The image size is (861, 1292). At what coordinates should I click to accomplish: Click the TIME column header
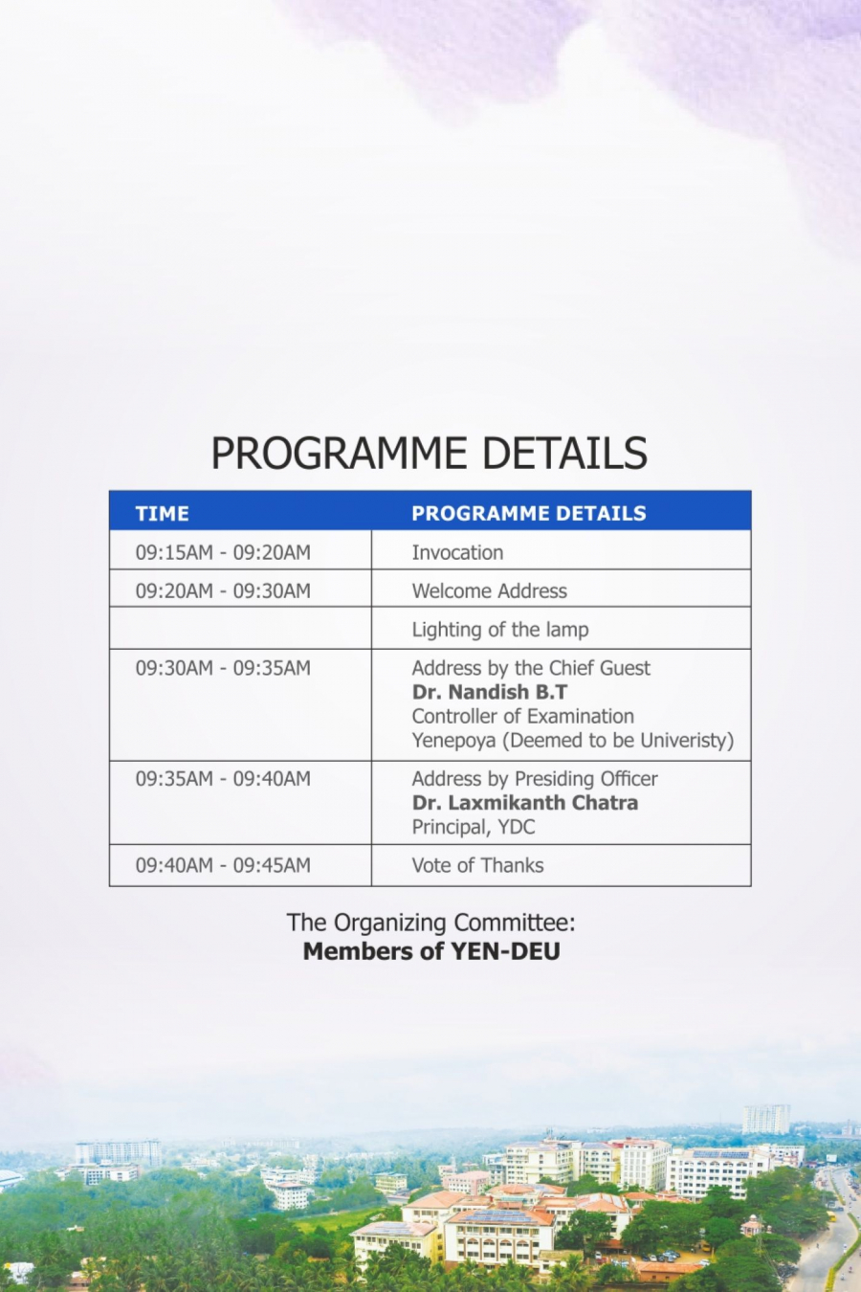(162, 513)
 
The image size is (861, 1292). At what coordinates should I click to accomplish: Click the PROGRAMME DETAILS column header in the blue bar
(529, 513)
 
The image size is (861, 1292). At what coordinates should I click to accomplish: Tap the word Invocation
(457, 552)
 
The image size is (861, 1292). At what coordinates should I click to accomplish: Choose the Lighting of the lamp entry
(500, 630)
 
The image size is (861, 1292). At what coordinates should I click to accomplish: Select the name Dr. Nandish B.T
(490, 692)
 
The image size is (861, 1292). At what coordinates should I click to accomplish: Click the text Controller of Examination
(523, 716)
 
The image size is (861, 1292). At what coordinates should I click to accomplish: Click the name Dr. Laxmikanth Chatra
(525, 802)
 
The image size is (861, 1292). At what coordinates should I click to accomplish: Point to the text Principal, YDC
(474, 827)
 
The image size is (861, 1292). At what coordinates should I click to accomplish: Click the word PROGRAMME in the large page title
(339, 453)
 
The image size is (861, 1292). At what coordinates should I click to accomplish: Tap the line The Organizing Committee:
(430, 923)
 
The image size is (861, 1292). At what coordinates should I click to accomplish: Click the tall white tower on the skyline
(766, 1120)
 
